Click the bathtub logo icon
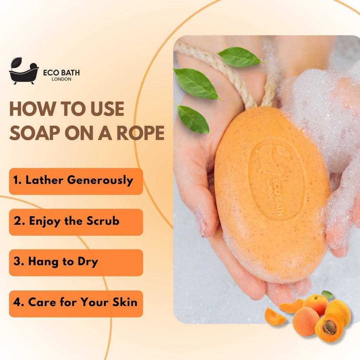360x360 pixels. click(24, 71)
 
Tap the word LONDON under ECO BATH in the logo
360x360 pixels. click(61, 79)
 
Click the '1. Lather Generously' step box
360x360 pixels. click(76, 181)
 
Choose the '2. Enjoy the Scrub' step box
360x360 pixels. click(76, 222)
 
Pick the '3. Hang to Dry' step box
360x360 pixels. click(76, 263)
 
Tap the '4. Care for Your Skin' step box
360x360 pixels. click(76, 303)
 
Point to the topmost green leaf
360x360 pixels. click(240, 57)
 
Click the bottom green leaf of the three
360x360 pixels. click(193, 118)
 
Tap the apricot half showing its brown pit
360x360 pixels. click(328, 327)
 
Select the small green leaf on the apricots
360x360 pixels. click(327, 295)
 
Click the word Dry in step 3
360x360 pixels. click(89, 262)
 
